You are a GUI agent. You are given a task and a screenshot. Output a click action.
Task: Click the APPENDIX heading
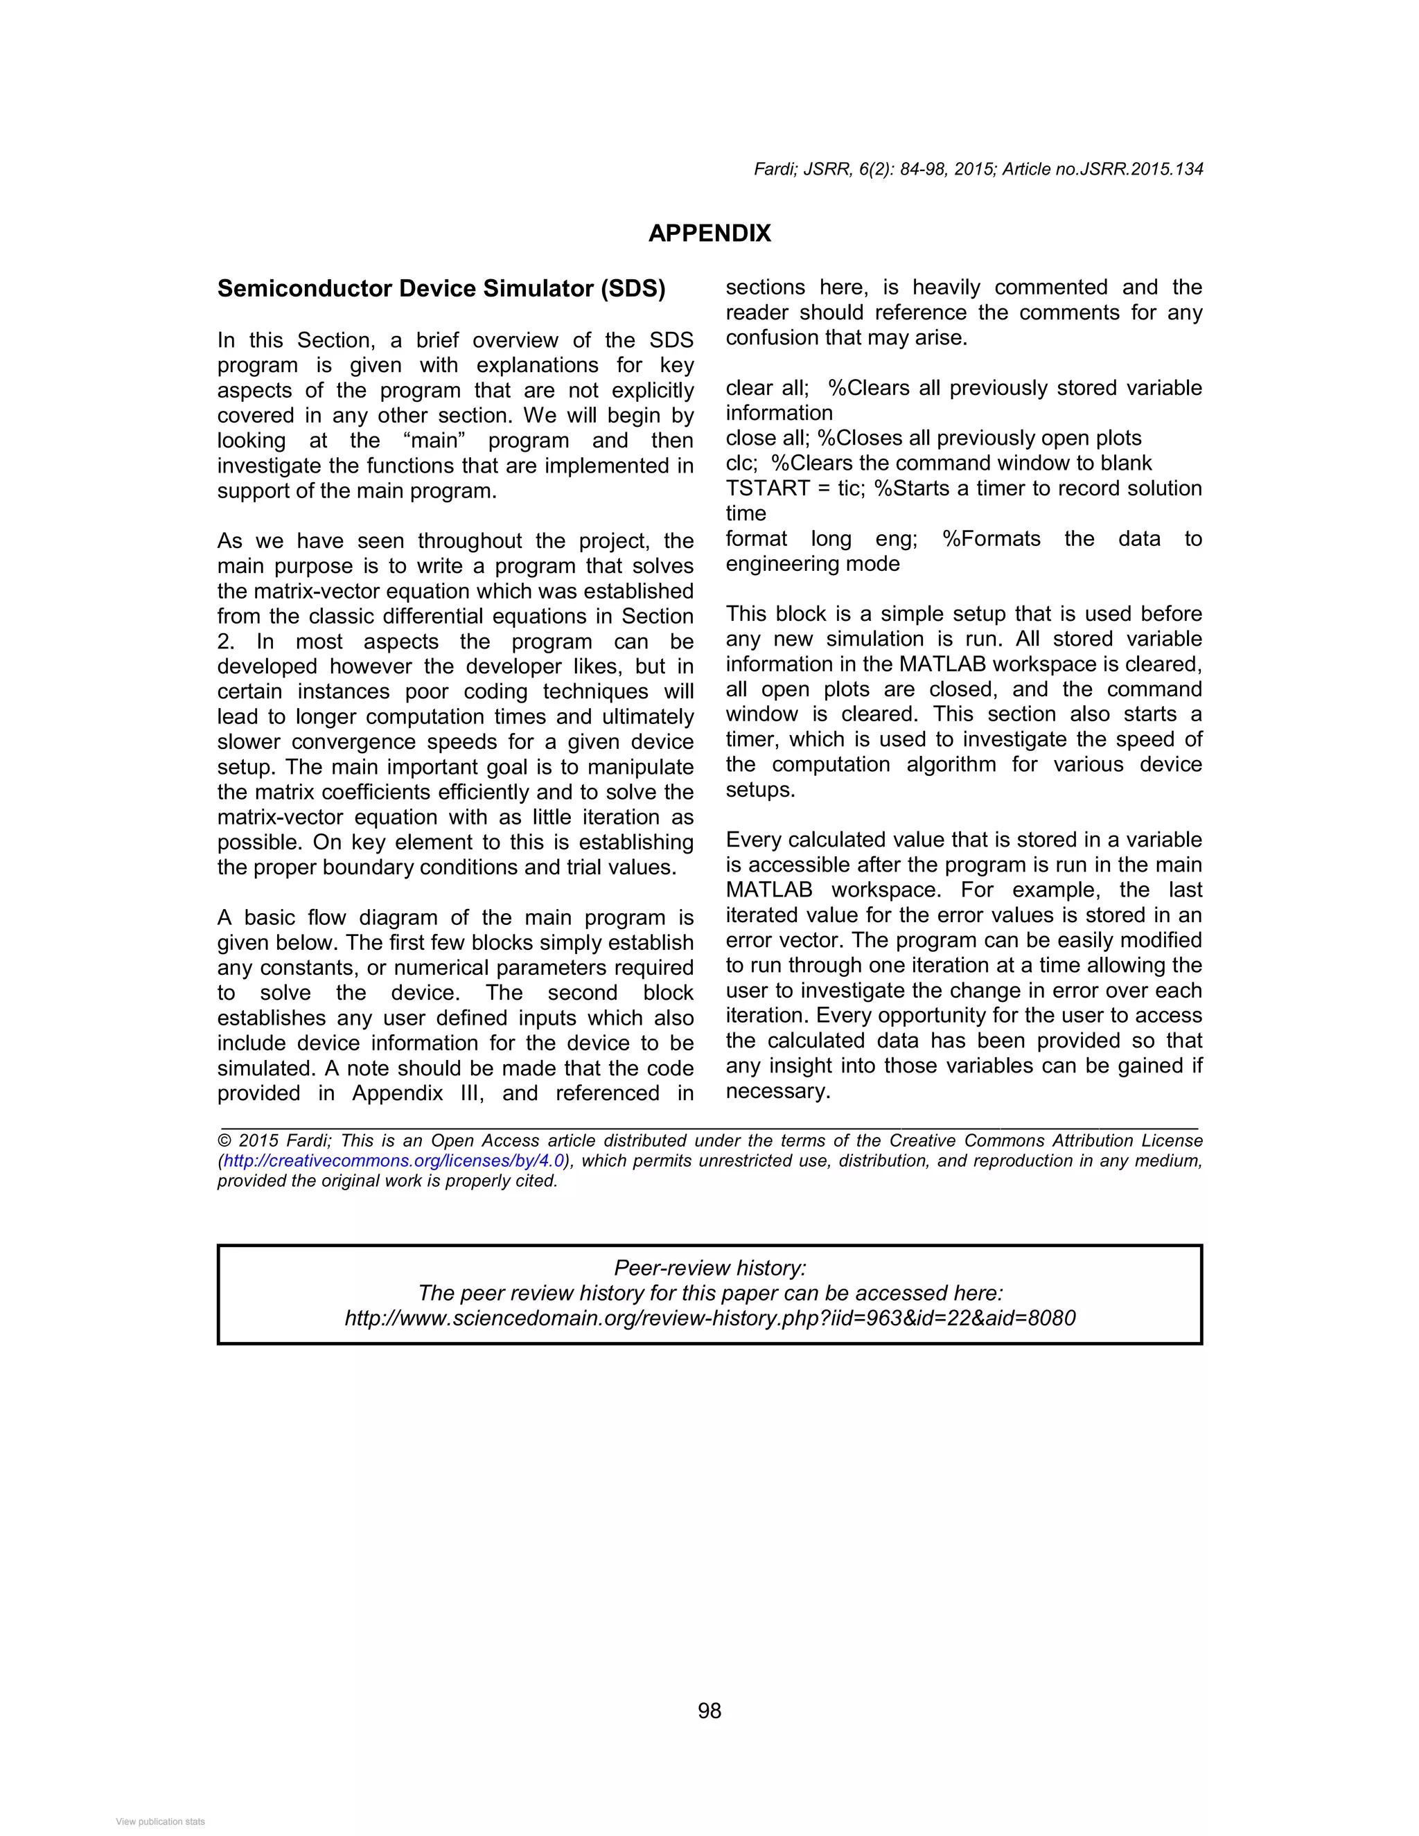click(709, 233)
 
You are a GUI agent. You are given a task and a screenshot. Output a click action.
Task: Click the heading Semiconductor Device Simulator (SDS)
click(441, 288)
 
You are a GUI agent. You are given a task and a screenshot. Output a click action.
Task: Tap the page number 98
click(709, 1711)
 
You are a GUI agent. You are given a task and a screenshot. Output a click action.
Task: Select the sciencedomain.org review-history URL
click(709, 1317)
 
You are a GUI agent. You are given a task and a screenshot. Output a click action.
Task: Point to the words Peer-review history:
click(709, 1268)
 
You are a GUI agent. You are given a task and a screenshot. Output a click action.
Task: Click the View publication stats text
click(160, 1821)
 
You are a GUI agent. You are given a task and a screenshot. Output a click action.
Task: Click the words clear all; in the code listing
click(767, 389)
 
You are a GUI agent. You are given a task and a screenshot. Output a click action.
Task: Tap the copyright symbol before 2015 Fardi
click(224, 1141)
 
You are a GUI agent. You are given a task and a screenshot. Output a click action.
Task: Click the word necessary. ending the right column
click(777, 1091)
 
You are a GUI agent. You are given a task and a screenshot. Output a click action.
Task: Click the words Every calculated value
click(833, 840)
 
